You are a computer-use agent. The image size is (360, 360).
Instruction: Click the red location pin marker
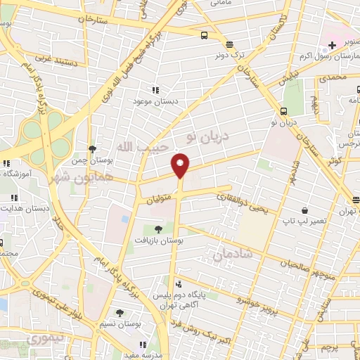click(181, 165)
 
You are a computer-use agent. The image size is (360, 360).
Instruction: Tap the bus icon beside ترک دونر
click(204, 35)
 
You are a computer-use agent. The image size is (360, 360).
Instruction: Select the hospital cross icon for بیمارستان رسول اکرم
click(332, 45)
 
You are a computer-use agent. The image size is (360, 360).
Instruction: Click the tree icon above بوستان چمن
click(92, 148)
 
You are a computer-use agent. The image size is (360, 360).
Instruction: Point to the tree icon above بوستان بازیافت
click(158, 229)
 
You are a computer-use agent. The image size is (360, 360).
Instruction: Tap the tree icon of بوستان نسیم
click(120, 312)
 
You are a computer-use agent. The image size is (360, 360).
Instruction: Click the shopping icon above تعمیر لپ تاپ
click(304, 210)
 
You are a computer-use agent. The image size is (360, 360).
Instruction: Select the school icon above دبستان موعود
click(155, 90)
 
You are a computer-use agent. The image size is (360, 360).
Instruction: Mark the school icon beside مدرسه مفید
click(143, 345)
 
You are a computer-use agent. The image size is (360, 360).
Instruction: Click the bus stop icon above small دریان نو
click(283, 111)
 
